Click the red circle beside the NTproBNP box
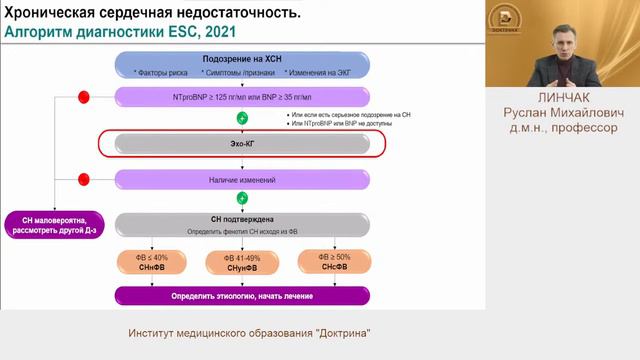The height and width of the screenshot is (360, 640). tap(84, 97)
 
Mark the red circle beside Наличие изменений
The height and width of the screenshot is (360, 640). tap(84, 180)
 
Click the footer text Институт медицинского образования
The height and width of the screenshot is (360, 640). tap(214, 332)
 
